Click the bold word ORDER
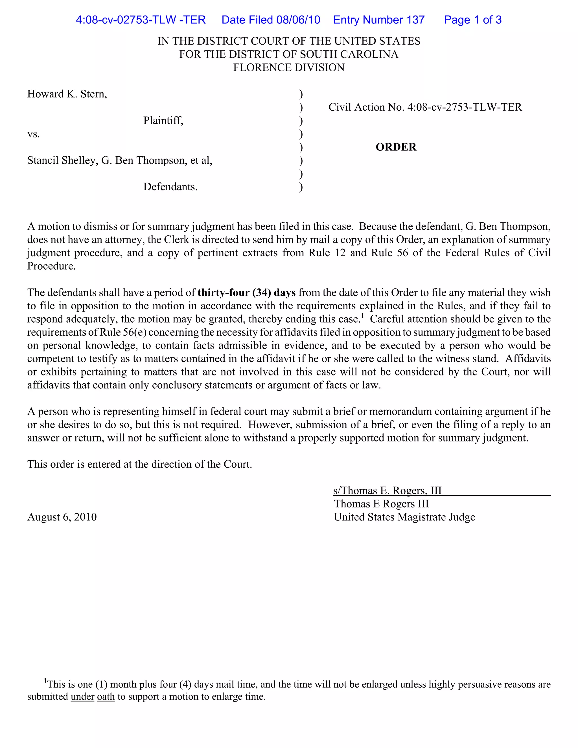(x=396, y=147)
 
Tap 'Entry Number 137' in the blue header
(x=379, y=20)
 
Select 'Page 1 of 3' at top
(x=472, y=20)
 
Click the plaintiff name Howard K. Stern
(x=67, y=94)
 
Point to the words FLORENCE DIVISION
(x=289, y=67)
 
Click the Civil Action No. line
(x=425, y=107)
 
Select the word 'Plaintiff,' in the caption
(x=163, y=121)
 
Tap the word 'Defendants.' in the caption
(x=170, y=187)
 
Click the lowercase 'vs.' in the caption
(x=34, y=134)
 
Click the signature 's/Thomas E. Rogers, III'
(x=387, y=491)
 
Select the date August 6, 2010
(x=62, y=517)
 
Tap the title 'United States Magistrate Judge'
(x=404, y=517)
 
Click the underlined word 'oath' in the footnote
(x=106, y=697)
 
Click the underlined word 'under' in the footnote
(x=82, y=697)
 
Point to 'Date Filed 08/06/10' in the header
(x=270, y=20)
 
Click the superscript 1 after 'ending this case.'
(x=363, y=316)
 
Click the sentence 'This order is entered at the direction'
(x=139, y=464)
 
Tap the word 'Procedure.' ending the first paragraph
(x=51, y=266)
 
